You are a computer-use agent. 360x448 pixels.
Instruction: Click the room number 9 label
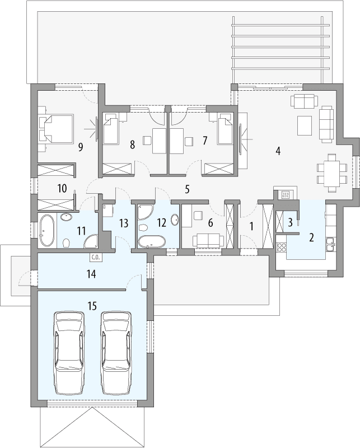click(81, 147)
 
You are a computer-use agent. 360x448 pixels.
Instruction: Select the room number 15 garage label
click(92, 306)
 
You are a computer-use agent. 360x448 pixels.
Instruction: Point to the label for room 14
click(92, 274)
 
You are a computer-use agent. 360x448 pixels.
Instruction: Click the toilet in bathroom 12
click(142, 229)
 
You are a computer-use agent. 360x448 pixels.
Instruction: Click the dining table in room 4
click(328, 172)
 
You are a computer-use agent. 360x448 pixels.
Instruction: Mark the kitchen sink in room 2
click(331, 242)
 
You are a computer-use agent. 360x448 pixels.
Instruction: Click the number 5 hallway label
click(188, 189)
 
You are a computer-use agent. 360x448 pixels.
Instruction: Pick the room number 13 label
click(124, 223)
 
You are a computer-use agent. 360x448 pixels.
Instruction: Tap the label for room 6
click(210, 223)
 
